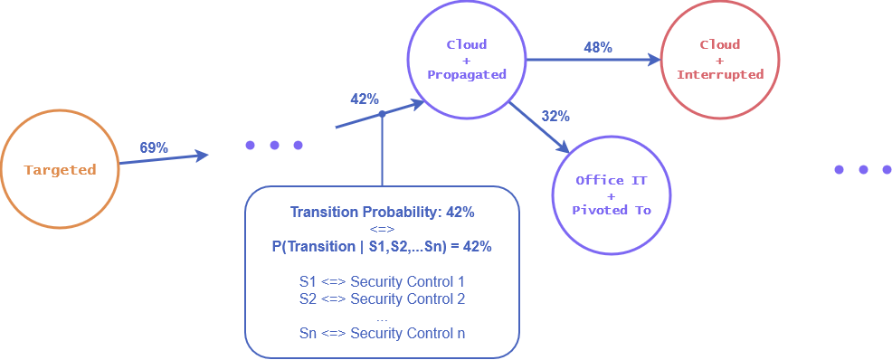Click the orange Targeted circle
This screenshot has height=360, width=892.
(x=60, y=170)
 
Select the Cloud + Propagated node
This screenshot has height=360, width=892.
(x=467, y=59)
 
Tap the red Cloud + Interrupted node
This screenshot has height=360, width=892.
(x=720, y=60)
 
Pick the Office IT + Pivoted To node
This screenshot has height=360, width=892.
(x=612, y=195)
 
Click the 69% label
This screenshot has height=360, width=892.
(x=154, y=147)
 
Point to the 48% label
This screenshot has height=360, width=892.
(x=598, y=47)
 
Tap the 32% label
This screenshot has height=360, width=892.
(x=555, y=116)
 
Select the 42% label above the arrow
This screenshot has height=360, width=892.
(x=365, y=99)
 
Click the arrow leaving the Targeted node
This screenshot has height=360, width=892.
(x=163, y=159)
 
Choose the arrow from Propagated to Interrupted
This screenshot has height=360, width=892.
(x=593, y=61)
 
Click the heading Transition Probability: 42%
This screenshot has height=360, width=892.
(x=382, y=213)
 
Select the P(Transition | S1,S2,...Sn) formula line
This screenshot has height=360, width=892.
(x=382, y=246)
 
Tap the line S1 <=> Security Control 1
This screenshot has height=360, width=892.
(x=382, y=282)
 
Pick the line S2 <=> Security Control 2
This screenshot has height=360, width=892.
(x=382, y=299)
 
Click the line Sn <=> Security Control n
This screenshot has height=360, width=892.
(x=382, y=334)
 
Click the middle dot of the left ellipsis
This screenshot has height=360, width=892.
(x=274, y=145)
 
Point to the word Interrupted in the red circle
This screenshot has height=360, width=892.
(x=720, y=75)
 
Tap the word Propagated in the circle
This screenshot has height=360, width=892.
(x=467, y=75)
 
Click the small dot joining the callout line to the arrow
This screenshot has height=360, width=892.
(x=382, y=114)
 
